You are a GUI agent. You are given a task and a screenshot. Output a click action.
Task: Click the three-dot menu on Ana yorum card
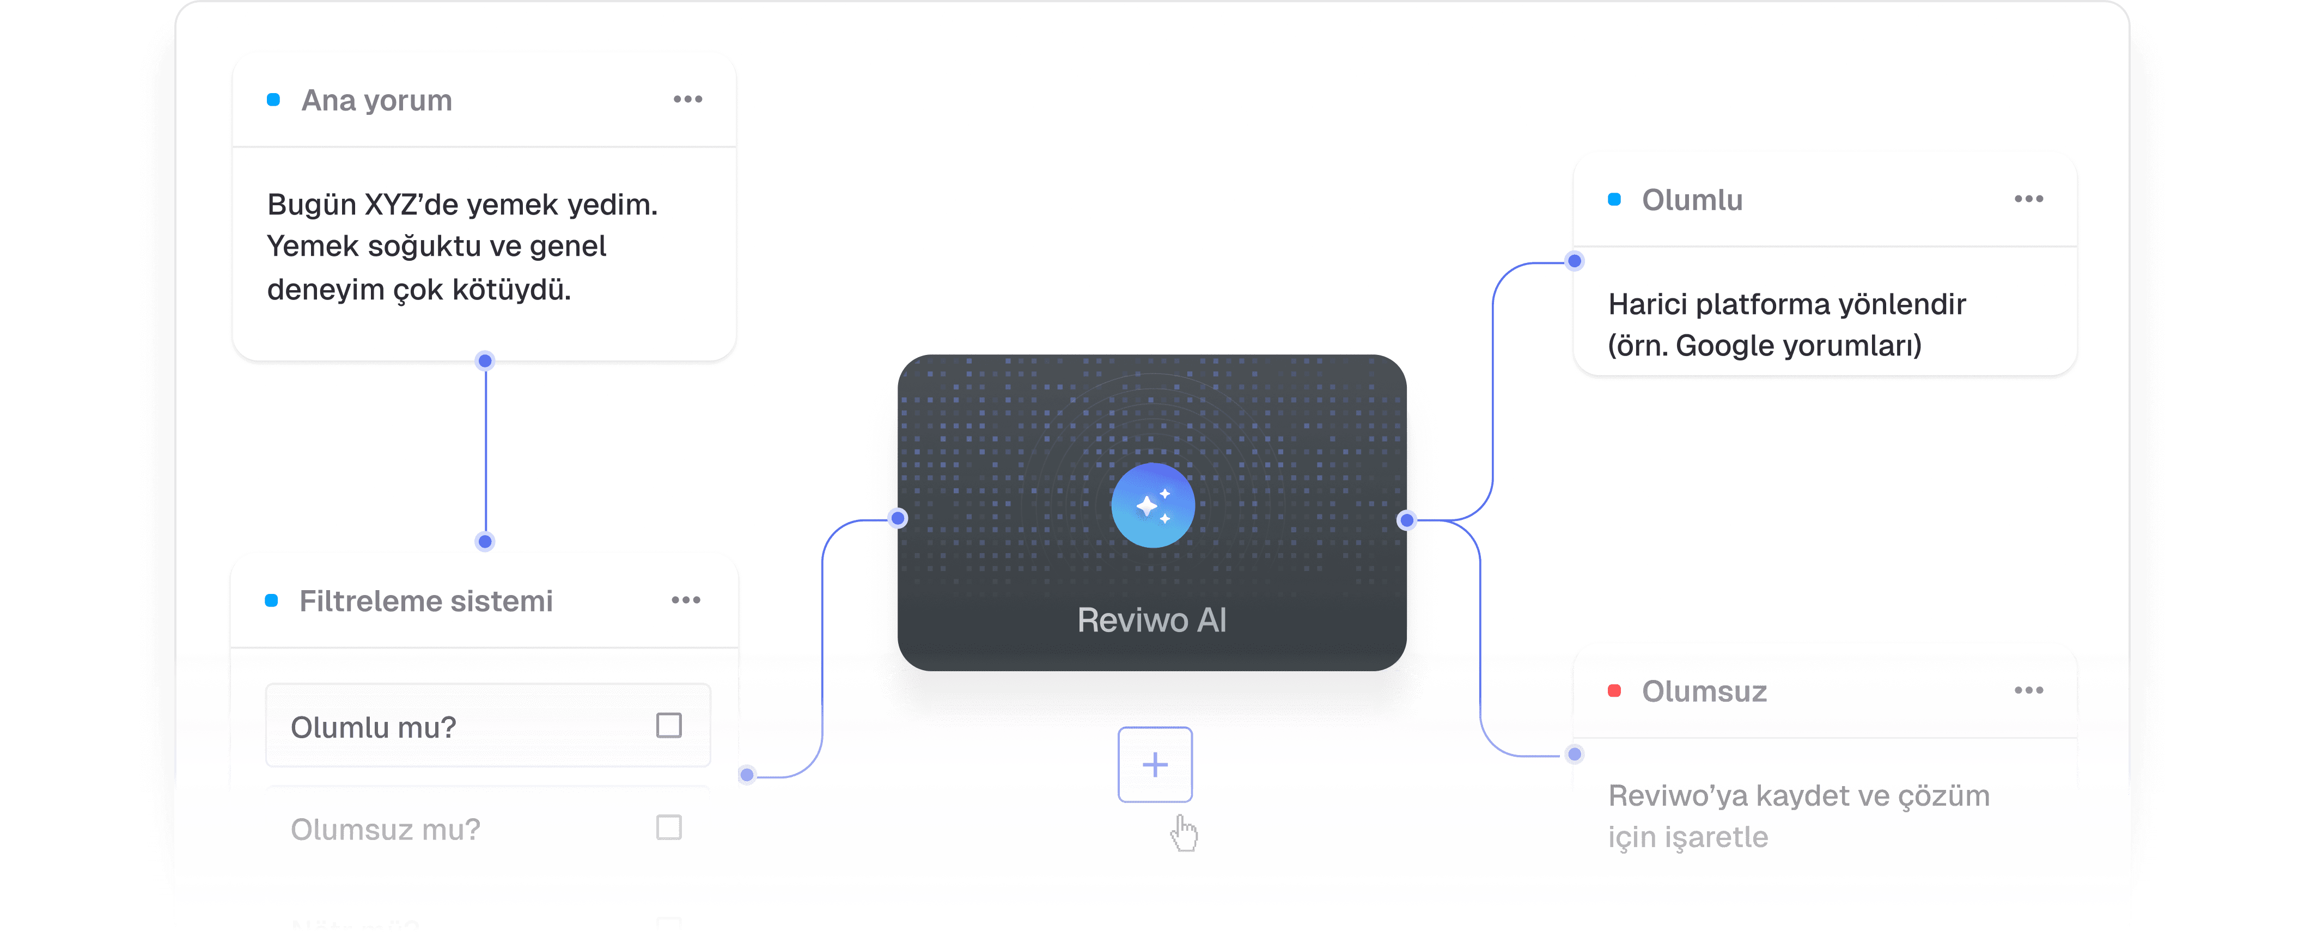click(687, 99)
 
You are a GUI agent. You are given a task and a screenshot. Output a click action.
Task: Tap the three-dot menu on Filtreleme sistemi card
click(685, 600)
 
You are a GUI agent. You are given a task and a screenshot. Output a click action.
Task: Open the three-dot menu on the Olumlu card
click(2028, 199)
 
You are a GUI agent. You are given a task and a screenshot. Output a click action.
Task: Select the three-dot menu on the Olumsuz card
click(2028, 690)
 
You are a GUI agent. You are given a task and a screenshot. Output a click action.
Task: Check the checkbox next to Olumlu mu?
click(668, 725)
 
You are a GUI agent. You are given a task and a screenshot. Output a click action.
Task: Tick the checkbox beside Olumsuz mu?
click(668, 827)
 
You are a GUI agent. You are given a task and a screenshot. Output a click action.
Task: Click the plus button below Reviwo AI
click(1154, 765)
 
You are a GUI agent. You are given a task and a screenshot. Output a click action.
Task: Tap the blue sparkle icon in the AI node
click(1152, 505)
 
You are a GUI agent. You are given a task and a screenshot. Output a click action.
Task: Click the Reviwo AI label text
click(1151, 620)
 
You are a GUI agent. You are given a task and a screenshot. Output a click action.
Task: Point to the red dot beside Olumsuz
click(1614, 690)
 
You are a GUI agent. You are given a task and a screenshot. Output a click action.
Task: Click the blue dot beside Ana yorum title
click(274, 99)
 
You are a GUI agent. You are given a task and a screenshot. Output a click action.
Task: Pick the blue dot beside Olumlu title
click(1614, 199)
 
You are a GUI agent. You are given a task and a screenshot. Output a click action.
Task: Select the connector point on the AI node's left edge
click(898, 519)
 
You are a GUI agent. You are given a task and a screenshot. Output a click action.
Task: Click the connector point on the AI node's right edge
click(1407, 520)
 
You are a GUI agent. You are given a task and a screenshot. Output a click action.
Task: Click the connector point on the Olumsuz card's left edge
click(1575, 754)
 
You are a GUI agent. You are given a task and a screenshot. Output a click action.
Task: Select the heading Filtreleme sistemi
click(426, 601)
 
